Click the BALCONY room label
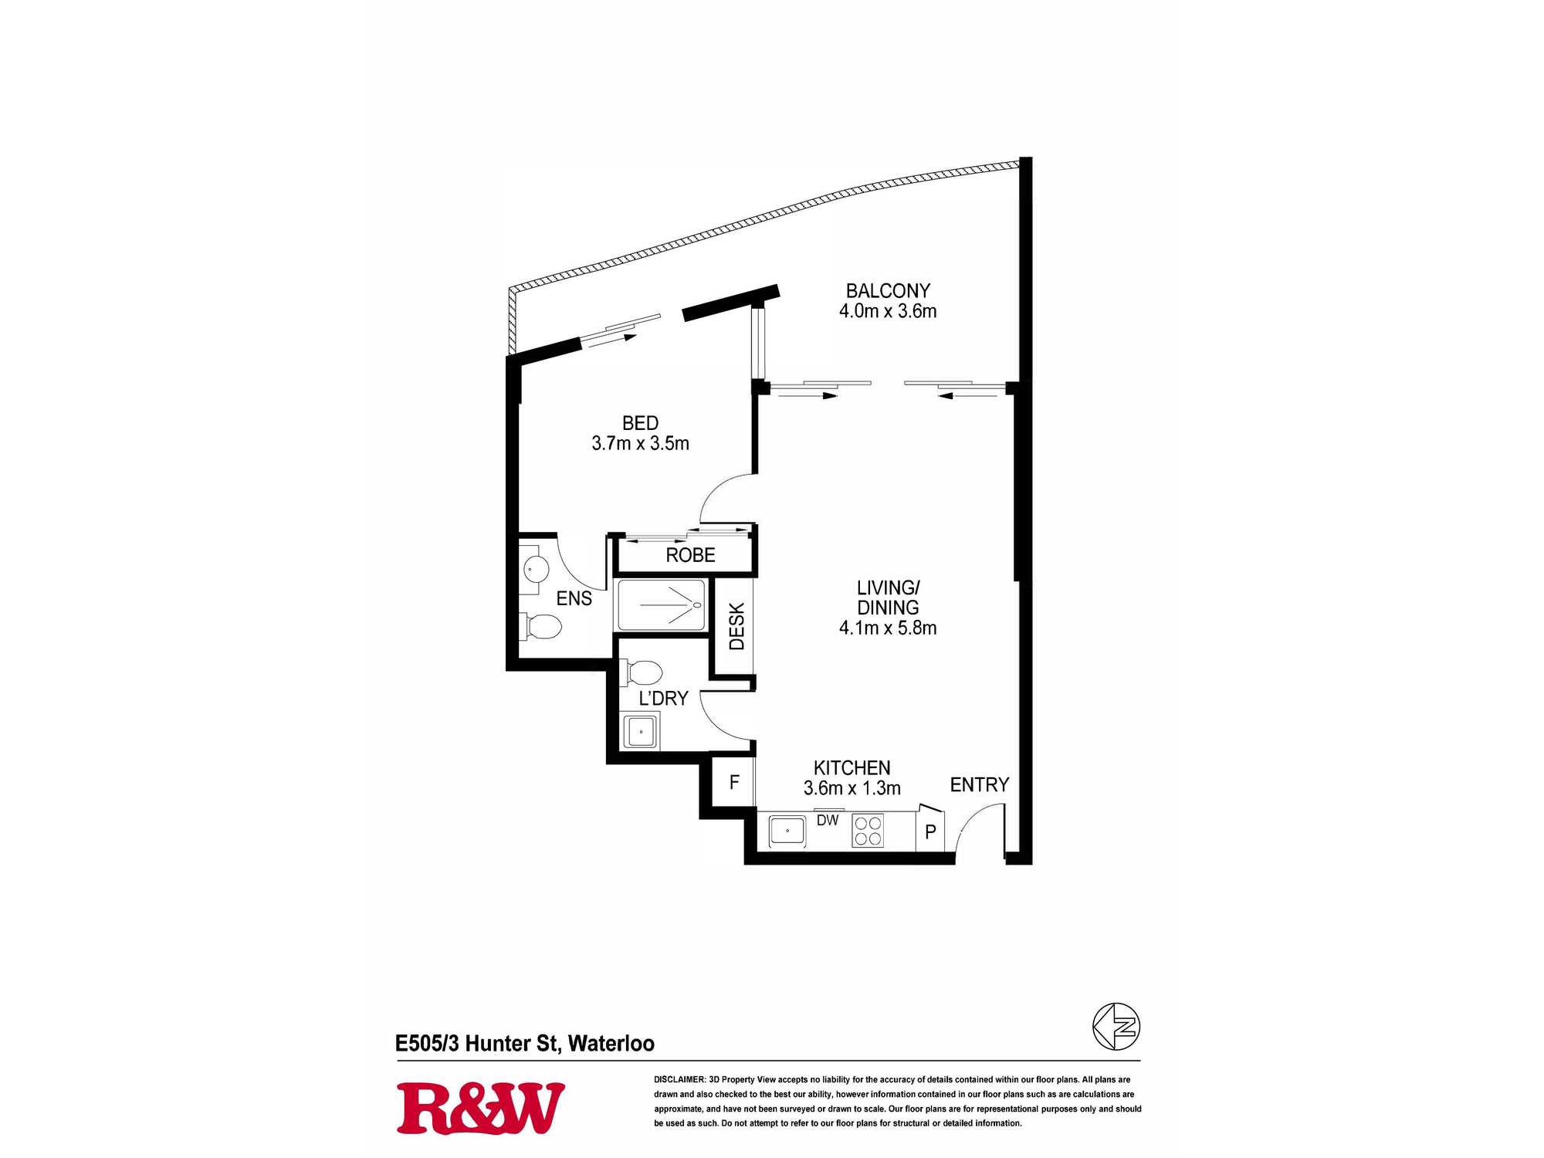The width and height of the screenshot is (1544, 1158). tap(888, 291)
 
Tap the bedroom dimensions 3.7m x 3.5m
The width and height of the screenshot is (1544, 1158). tap(640, 443)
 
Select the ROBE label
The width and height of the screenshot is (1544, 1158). tap(690, 555)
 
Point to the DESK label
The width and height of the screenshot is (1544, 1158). tap(736, 626)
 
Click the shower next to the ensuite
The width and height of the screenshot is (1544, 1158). tap(661, 604)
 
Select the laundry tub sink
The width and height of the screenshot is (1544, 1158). tap(641, 731)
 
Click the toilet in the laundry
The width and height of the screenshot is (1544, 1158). tap(641, 672)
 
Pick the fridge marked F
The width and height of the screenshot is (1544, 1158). tap(733, 782)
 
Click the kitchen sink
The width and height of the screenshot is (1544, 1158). tap(787, 831)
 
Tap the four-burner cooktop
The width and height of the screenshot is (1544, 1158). tap(868, 831)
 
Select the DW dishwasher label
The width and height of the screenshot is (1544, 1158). tap(828, 821)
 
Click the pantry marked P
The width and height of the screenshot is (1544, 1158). tap(930, 831)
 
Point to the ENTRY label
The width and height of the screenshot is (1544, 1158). tap(979, 784)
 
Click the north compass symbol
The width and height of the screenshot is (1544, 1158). tap(1116, 1027)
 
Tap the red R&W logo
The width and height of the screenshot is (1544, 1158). tap(480, 1109)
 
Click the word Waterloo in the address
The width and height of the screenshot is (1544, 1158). tap(611, 1044)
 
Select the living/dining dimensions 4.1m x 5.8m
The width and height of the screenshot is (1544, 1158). tap(888, 628)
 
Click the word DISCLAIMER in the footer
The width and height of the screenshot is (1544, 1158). tap(679, 1079)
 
